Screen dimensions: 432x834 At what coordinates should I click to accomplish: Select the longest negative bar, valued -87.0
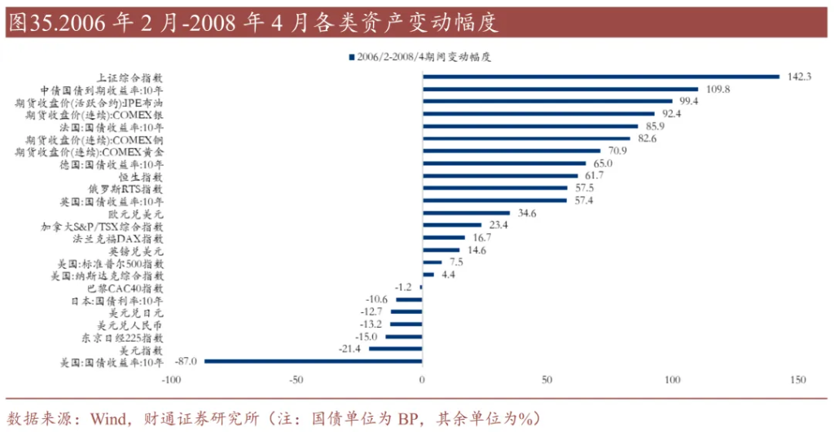314,361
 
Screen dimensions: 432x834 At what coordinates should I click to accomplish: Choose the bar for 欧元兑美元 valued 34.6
466,214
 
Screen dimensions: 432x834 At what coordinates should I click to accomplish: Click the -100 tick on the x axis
171,380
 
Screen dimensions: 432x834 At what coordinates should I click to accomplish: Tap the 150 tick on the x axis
797,380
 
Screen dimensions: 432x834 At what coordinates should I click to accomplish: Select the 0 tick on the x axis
423,380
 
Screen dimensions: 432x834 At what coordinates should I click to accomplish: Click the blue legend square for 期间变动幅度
351,57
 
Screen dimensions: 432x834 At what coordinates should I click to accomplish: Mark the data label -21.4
350,349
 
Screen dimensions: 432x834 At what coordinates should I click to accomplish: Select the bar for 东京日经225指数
404,337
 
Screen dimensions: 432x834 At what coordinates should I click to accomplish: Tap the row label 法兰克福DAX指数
118,239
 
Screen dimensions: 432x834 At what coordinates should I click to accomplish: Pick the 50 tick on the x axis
547,380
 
